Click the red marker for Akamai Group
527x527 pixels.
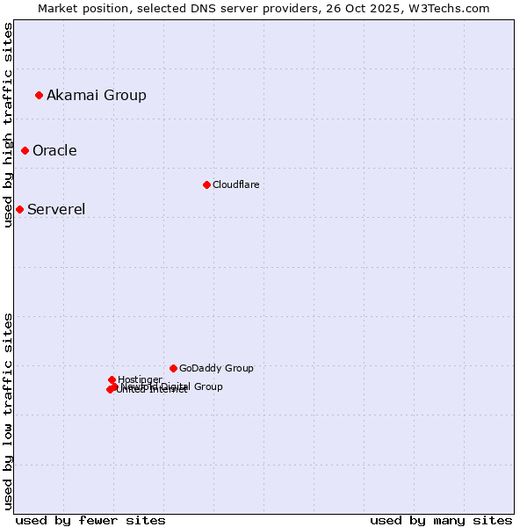point(39,95)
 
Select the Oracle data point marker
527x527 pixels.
point(25,150)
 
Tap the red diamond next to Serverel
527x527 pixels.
point(19,209)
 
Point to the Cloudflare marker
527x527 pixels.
point(206,184)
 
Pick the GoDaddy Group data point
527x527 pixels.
point(173,368)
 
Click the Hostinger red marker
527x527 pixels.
point(112,379)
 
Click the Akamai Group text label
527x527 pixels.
point(97,95)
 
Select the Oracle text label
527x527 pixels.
point(54,150)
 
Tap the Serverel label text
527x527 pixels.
point(56,209)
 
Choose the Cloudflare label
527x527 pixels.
point(235,184)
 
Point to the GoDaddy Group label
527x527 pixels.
point(216,368)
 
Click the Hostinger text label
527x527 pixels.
point(140,379)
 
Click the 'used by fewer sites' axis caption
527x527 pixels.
point(90,520)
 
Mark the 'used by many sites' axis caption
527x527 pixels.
point(441,520)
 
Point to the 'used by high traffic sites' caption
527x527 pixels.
point(8,125)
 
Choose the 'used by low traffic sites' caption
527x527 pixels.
point(8,411)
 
